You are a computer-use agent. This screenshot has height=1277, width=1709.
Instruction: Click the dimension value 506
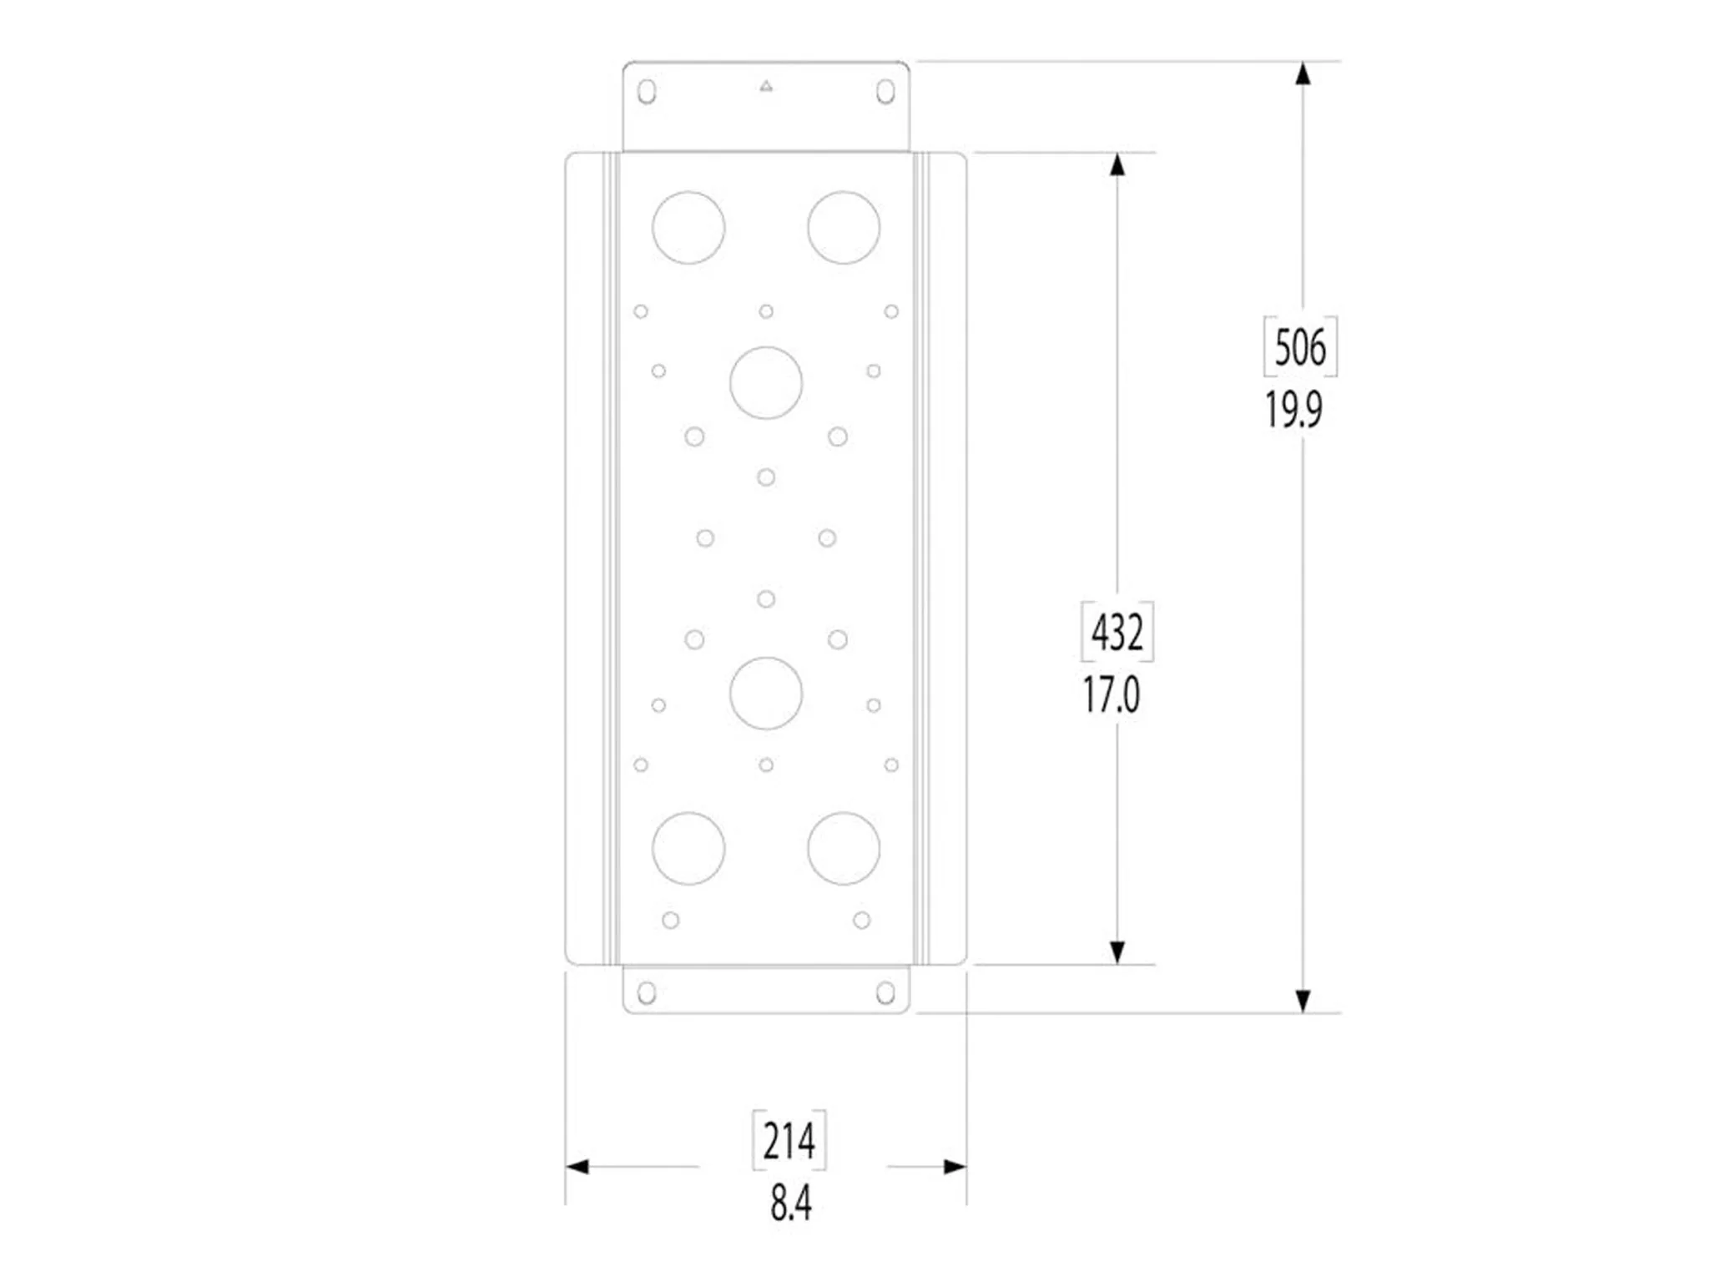pyautogui.click(x=1300, y=347)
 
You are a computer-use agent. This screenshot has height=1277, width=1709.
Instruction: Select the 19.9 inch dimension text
pyautogui.click(x=1293, y=410)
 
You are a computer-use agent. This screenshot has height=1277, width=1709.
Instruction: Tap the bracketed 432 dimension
pyautogui.click(x=1117, y=632)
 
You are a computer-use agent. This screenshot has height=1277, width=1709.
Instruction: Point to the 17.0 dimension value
pyautogui.click(x=1111, y=695)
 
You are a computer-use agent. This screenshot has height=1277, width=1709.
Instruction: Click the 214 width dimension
pyautogui.click(x=789, y=1141)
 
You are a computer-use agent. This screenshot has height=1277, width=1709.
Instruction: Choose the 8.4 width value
pyautogui.click(x=790, y=1204)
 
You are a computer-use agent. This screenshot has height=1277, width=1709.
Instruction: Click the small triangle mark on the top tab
pyautogui.click(x=766, y=86)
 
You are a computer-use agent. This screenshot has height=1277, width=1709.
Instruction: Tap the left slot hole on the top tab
pyautogui.click(x=647, y=92)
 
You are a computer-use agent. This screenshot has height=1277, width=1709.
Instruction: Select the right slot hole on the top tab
pyautogui.click(x=885, y=92)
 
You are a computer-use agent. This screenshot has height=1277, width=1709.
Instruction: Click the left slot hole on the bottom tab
pyautogui.click(x=647, y=992)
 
